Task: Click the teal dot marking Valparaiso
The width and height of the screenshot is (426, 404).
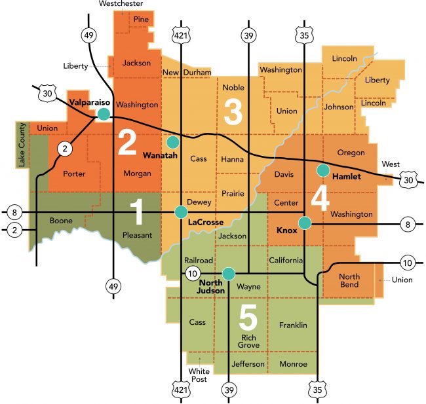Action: click(x=104, y=115)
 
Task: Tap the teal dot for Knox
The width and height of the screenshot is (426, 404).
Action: click(x=304, y=223)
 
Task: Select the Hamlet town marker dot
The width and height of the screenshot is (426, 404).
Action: click(x=322, y=170)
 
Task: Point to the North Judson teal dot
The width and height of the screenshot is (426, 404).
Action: click(x=227, y=273)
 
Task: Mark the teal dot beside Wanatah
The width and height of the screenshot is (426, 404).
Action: click(x=173, y=141)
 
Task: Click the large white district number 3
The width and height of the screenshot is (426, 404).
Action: click(x=233, y=112)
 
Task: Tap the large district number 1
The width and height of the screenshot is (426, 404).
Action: click(x=136, y=213)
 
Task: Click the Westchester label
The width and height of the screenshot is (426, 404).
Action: click(x=121, y=4)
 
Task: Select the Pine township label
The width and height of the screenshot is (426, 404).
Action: click(x=141, y=20)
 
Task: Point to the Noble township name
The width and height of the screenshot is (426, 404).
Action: click(x=233, y=87)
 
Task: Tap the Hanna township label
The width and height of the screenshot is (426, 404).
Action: click(x=233, y=159)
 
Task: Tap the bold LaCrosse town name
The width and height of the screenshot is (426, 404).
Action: click(x=206, y=223)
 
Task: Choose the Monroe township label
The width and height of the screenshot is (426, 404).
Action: click(x=293, y=364)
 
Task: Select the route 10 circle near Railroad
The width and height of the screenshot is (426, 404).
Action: click(x=192, y=272)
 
